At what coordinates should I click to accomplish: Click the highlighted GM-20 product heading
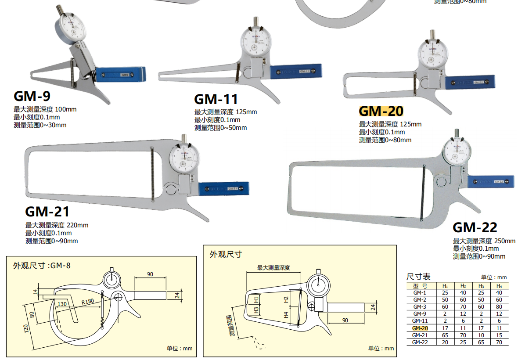381,111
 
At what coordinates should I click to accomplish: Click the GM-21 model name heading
47,212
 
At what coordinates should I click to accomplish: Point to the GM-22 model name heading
475,227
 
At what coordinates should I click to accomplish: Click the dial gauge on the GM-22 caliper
457,152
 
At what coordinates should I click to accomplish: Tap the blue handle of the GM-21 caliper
224,188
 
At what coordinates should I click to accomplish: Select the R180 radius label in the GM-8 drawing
87,302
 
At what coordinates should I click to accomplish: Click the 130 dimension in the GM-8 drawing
61,304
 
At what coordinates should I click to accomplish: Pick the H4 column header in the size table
498,285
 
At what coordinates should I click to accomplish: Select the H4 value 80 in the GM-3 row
498,306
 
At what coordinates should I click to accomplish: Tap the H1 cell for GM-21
445,335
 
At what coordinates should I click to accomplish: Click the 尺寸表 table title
418,277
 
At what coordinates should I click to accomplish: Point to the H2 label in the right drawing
286,299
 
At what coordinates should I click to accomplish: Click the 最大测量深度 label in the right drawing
273,267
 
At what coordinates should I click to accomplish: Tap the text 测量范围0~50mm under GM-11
220,128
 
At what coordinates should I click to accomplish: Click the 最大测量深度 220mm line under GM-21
57,225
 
